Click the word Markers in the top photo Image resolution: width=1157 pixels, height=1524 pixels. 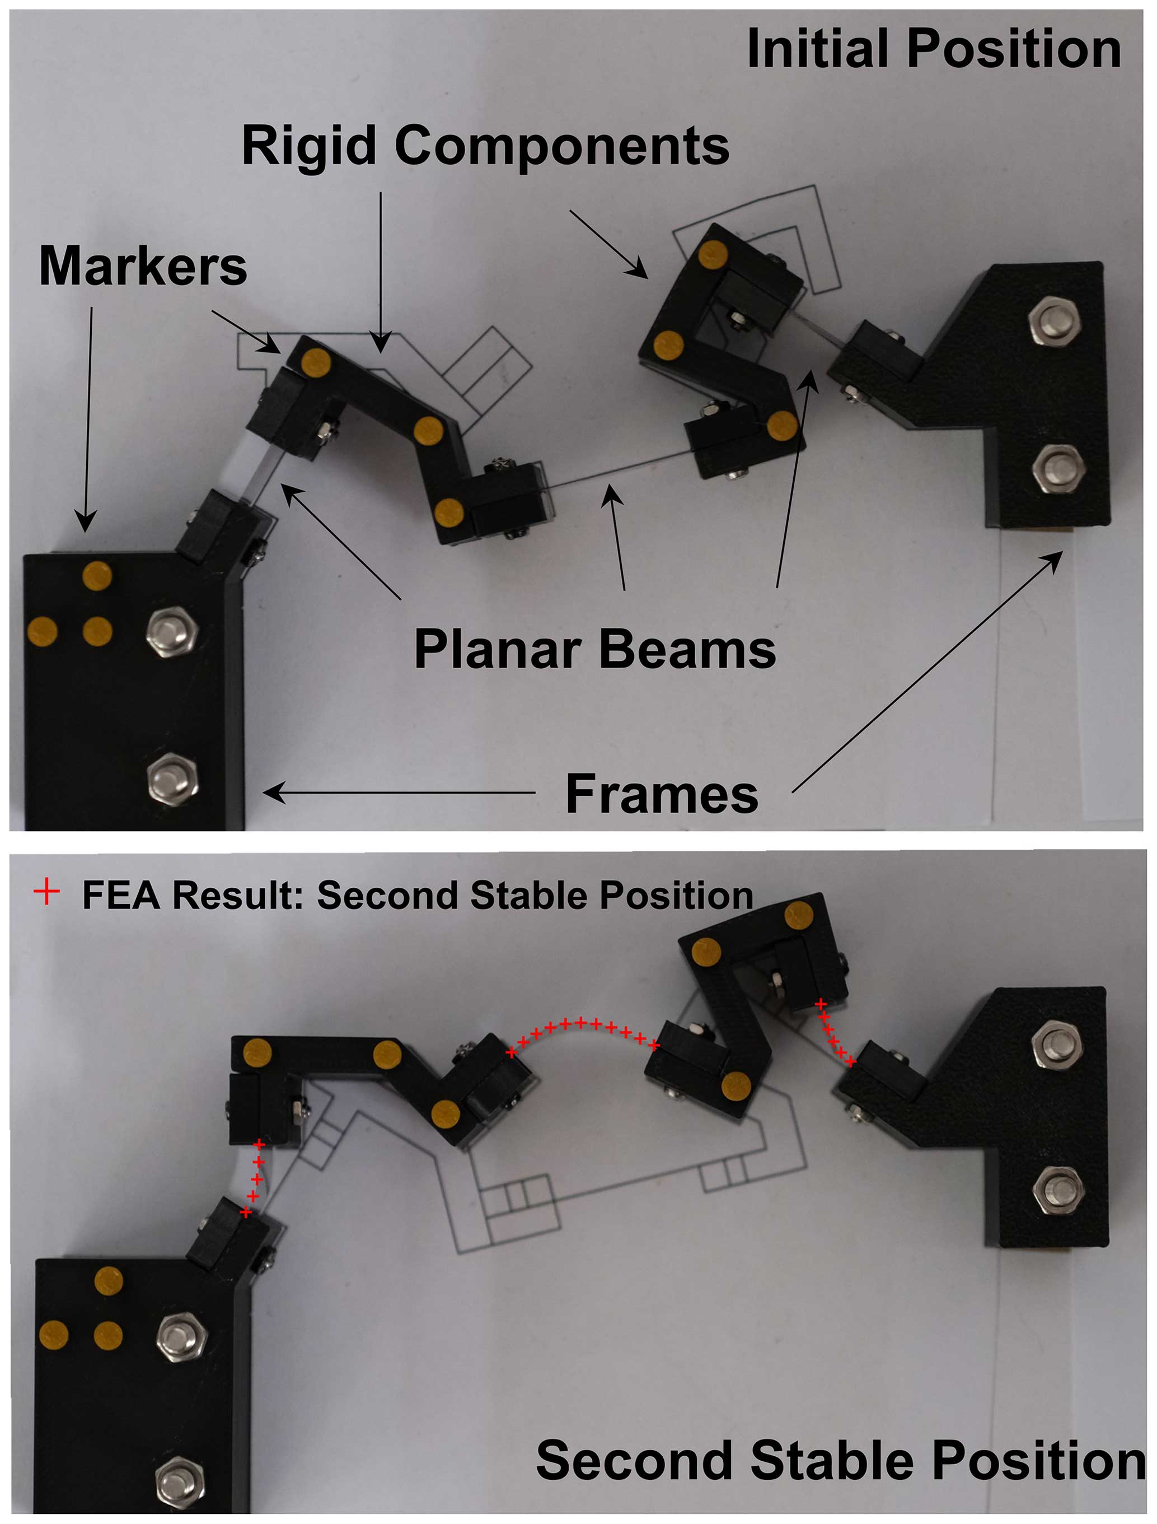point(143,266)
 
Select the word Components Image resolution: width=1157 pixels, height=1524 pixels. point(562,146)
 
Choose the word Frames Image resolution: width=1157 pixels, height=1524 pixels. point(662,794)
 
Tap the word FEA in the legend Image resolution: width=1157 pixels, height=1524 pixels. point(122,895)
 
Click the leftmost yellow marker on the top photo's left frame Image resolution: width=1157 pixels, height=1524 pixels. point(42,631)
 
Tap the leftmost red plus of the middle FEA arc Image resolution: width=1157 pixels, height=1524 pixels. point(511,1053)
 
